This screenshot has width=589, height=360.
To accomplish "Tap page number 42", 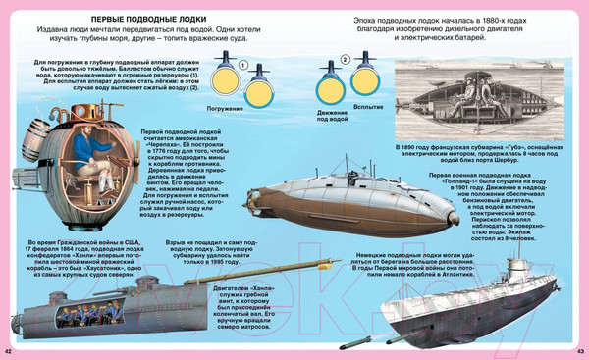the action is pyautogui.click(x=9, y=351).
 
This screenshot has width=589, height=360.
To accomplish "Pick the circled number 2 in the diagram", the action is pyautogui.click(x=345, y=61).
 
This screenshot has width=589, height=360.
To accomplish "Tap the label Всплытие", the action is pyautogui.click(x=368, y=105).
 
